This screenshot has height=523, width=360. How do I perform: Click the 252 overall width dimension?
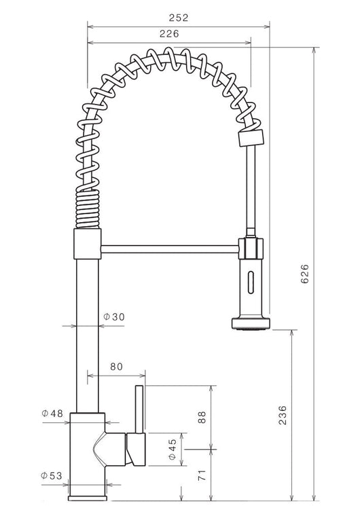click(x=179, y=18)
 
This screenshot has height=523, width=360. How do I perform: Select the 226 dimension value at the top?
click(x=169, y=34)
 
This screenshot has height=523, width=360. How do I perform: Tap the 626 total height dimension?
click(x=305, y=274)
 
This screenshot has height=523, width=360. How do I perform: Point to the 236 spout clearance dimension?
click(x=283, y=415)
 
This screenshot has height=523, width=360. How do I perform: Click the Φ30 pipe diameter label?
click(x=113, y=317)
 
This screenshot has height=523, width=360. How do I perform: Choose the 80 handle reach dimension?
click(x=116, y=367)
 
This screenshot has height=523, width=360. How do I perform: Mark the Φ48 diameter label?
click(x=52, y=414)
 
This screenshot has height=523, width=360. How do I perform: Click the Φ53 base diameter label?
click(x=52, y=475)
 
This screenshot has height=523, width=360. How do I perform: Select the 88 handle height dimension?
click(x=202, y=417)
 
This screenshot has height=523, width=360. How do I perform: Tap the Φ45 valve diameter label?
click(x=172, y=449)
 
